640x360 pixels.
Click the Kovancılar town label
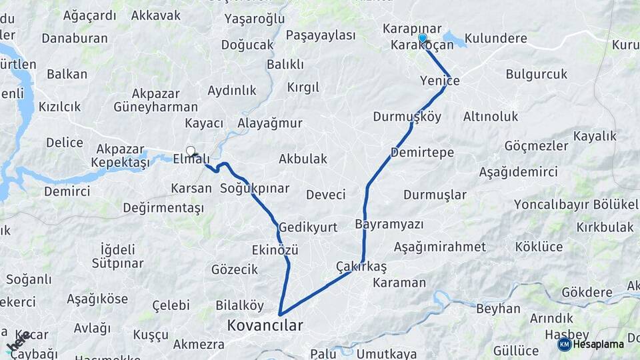[x=265, y=326]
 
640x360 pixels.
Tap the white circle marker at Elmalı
[x=191, y=151]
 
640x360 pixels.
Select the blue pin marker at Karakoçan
[x=422, y=38]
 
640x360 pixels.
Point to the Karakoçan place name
[x=423, y=45]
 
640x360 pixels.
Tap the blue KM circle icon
[x=564, y=344]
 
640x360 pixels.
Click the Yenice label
[x=440, y=81]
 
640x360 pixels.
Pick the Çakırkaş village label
[x=361, y=266]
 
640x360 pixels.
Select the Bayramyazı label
[x=389, y=223]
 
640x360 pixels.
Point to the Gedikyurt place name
[x=308, y=227]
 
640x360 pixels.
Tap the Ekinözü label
[x=275, y=249]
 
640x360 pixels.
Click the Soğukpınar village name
[x=255, y=188]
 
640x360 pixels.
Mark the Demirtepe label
[x=422, y=153]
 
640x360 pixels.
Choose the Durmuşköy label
[x=407, y=117]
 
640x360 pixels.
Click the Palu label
[x=323, y=353]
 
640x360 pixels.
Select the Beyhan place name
[x=498, y=309]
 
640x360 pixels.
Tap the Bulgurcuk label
[x=537, y=74]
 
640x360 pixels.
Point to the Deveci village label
[x=325, y=195]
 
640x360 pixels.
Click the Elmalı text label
[x=191, y=159]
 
